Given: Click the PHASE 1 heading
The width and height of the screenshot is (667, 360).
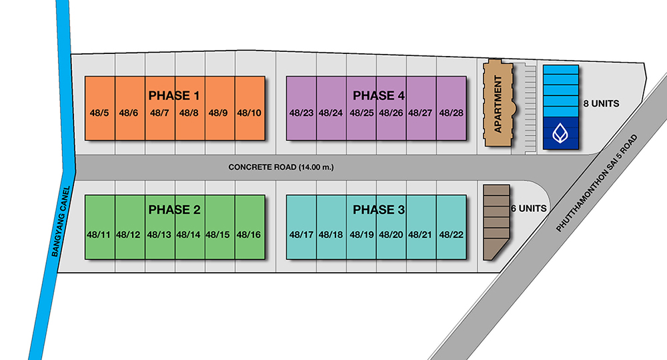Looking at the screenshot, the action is (x=173, y=95).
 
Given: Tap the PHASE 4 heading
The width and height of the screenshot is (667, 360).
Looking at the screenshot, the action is (x=379, y=95).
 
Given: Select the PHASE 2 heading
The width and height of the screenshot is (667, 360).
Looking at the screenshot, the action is (x=174, y=209).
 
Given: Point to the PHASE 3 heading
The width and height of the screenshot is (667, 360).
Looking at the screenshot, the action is (x=379, y=209).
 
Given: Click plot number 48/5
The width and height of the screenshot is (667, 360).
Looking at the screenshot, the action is (x=99, y=113).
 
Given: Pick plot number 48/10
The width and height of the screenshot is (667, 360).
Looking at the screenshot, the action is (x=249, y=113).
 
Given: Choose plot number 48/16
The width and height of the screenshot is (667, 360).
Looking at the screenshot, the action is (x=248, y=235).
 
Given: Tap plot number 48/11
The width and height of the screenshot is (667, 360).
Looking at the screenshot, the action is (x=98, y=235).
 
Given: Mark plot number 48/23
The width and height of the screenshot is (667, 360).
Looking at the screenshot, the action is (x=301, y=113).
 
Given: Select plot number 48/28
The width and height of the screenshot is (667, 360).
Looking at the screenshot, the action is (x=452, y=113).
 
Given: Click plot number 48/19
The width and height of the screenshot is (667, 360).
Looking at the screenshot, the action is (x=362, y=235).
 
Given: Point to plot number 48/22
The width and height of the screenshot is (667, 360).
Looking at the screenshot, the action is (x=452, y=235).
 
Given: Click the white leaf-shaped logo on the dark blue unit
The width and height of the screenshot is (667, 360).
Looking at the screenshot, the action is (x=560, y=133).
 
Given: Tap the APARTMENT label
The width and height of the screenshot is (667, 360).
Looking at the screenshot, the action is (x=498, y=104).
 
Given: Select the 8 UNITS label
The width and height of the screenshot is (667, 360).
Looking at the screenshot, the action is (x=601, y=103).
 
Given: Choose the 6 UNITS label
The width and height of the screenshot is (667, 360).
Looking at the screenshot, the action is (x=529, y=208).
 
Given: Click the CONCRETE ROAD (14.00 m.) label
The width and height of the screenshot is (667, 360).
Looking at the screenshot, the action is (x=281, y=167).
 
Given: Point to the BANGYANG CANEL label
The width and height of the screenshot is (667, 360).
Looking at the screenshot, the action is (x=61, y=221).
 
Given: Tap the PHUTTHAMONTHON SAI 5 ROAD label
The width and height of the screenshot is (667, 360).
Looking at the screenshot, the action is (x=597, y=183).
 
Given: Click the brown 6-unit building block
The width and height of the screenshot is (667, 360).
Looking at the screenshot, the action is (x=496, y=222).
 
